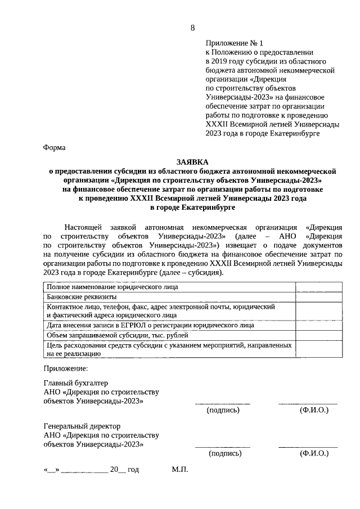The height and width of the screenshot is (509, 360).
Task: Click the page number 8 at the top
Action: click(x=192, y=28)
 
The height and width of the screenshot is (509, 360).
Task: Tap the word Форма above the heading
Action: click(x=54, y=148)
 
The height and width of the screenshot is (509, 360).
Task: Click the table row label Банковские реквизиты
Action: click(x=82, y=296)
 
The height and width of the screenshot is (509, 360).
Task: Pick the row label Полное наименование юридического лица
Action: click(x=112, y=287)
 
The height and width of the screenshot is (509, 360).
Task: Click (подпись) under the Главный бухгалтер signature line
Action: click(x=223, y=410)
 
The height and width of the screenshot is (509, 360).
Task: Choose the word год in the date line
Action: click(x=133, y=469)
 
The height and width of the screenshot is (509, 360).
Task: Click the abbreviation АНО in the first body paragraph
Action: click(x=287, y=237)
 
